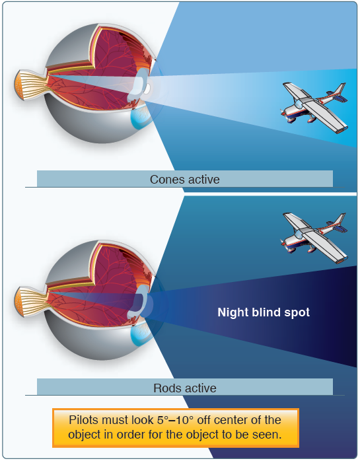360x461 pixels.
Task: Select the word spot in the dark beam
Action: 297,313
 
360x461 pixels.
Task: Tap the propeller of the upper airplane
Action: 283,112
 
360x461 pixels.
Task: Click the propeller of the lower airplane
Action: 283,243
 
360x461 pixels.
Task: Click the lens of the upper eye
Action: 138,85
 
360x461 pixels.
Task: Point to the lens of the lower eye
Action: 137,302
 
